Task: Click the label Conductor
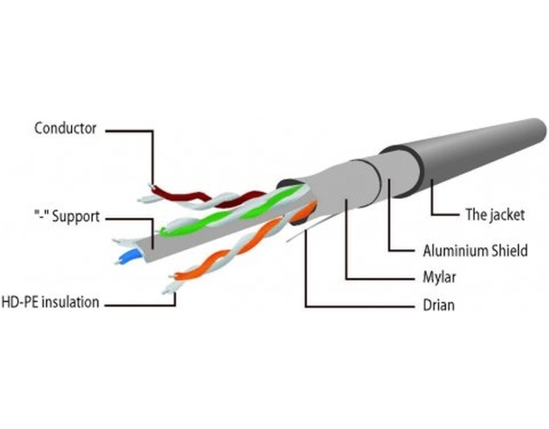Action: click(x=65, y=129)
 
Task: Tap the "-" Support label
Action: click(x=65, y=217)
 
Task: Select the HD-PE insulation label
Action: click(x=50, y=302)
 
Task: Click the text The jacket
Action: click(x=494, y=215)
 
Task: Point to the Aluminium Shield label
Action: click(x=475, y=250)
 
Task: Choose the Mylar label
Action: click(x=439, y=278)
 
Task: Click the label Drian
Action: click(x=438, y=306)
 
